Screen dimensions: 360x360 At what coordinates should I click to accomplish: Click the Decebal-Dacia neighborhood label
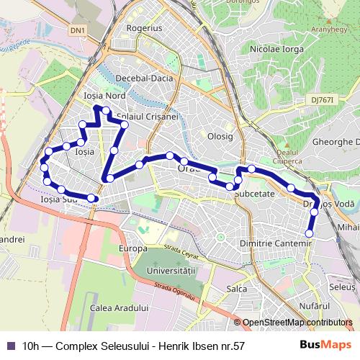pos(143,78)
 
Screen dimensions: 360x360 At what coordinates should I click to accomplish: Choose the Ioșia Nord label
pos(105,95)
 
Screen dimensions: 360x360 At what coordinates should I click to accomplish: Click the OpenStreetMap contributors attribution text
pos(297,323)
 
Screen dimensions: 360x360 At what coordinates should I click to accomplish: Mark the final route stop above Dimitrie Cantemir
pos(310,233)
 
